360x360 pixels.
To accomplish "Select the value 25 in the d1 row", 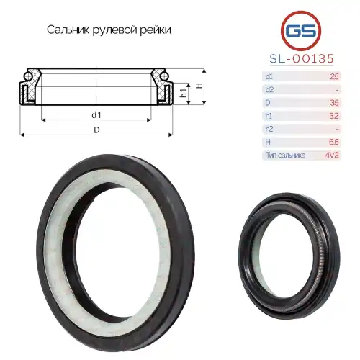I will [x=333, y=76].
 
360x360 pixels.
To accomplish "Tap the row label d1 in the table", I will [x=269, y=76].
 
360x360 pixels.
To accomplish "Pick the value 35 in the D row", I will [x=333, y=102].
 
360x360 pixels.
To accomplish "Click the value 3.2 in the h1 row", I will [x=333, y=115].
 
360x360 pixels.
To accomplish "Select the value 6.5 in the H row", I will [x=333, y=142].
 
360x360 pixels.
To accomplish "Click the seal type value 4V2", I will [x=330, y=155].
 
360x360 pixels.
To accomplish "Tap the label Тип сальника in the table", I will [x=286, y=155].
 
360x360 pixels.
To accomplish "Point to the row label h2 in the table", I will [x=269, y=129].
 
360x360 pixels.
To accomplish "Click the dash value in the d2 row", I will [x=337, y=89].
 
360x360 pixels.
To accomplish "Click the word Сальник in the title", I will [x=69, y=31].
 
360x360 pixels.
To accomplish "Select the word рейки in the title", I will [x=156, y=31].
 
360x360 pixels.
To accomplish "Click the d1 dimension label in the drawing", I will [x=96, y=114].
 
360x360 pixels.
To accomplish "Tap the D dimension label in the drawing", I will [x=96, y=130].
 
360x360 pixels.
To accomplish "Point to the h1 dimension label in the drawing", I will [x=184, y=93].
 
